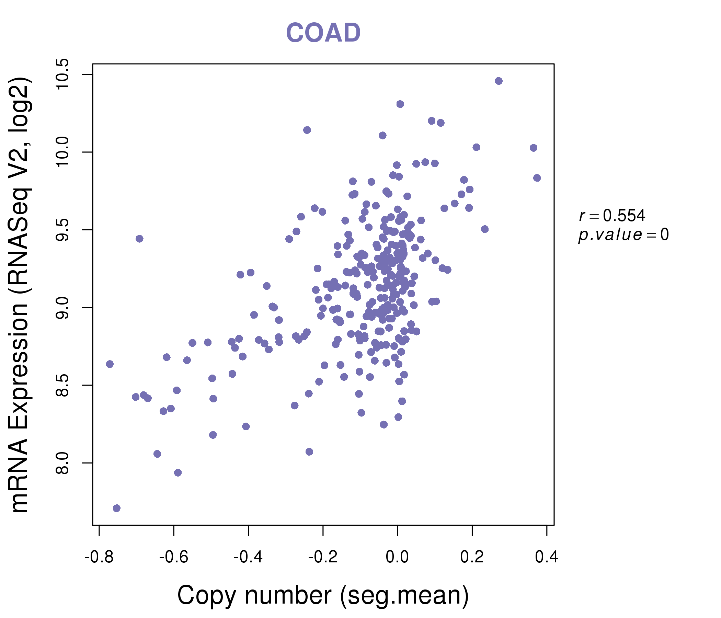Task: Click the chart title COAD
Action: tap(323, 33)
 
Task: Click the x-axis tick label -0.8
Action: tap(99, 557)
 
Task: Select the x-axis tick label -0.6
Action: tap(174, 557)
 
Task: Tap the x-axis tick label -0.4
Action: tap(248, 557)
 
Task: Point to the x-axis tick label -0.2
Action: tap(323, 557)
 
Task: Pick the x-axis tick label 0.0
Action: tap(397, 557)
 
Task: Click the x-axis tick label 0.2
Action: tap(472, 557)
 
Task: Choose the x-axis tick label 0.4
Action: tap(546, 557)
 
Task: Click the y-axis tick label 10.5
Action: tap(62, 74)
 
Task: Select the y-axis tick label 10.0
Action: tap(62, 152)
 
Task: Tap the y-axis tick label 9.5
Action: tap(62, 230)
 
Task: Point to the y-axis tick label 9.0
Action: tap(62, 308)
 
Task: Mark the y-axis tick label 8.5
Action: tap(62, 385)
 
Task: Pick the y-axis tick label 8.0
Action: tap(62, 463)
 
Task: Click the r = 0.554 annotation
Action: tap(612, 216)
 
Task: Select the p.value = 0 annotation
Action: tap(623, 235)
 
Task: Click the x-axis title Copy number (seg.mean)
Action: tap(323, 595)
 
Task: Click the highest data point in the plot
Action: tap(499, 81)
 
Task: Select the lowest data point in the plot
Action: tap(117, 508)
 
